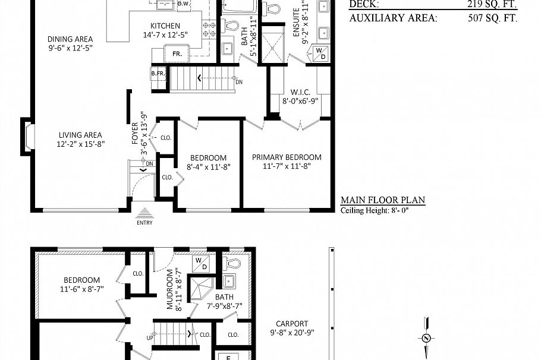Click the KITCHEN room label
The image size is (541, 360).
[x=165, y=26]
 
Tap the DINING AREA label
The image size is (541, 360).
[x=70, y=39]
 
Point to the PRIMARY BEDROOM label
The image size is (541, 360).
[x=287, y=157]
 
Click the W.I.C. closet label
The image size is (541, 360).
[x=300, y=92]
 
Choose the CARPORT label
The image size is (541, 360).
[x=291, y=324]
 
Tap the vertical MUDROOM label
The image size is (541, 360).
[x=170, y=290]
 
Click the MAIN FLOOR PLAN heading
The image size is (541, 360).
[x=382, y=201]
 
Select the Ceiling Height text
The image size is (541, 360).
[x=375, y=210]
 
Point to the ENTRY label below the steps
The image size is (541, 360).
[x=144, y=223]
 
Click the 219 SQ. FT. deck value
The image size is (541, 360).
[x=492, y=5]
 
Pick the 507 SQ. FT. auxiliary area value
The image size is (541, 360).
[x=492, y=18]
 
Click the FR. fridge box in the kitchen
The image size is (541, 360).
[x=177, y=53]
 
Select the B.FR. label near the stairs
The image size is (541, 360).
[x=158, y=73]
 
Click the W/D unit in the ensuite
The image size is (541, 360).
[x=320, y=53]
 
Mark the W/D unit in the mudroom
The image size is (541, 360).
[x=200, y=263]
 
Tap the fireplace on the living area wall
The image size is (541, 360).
[x=27, y=136]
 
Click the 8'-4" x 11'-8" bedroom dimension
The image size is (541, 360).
[x=208, y=167]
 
